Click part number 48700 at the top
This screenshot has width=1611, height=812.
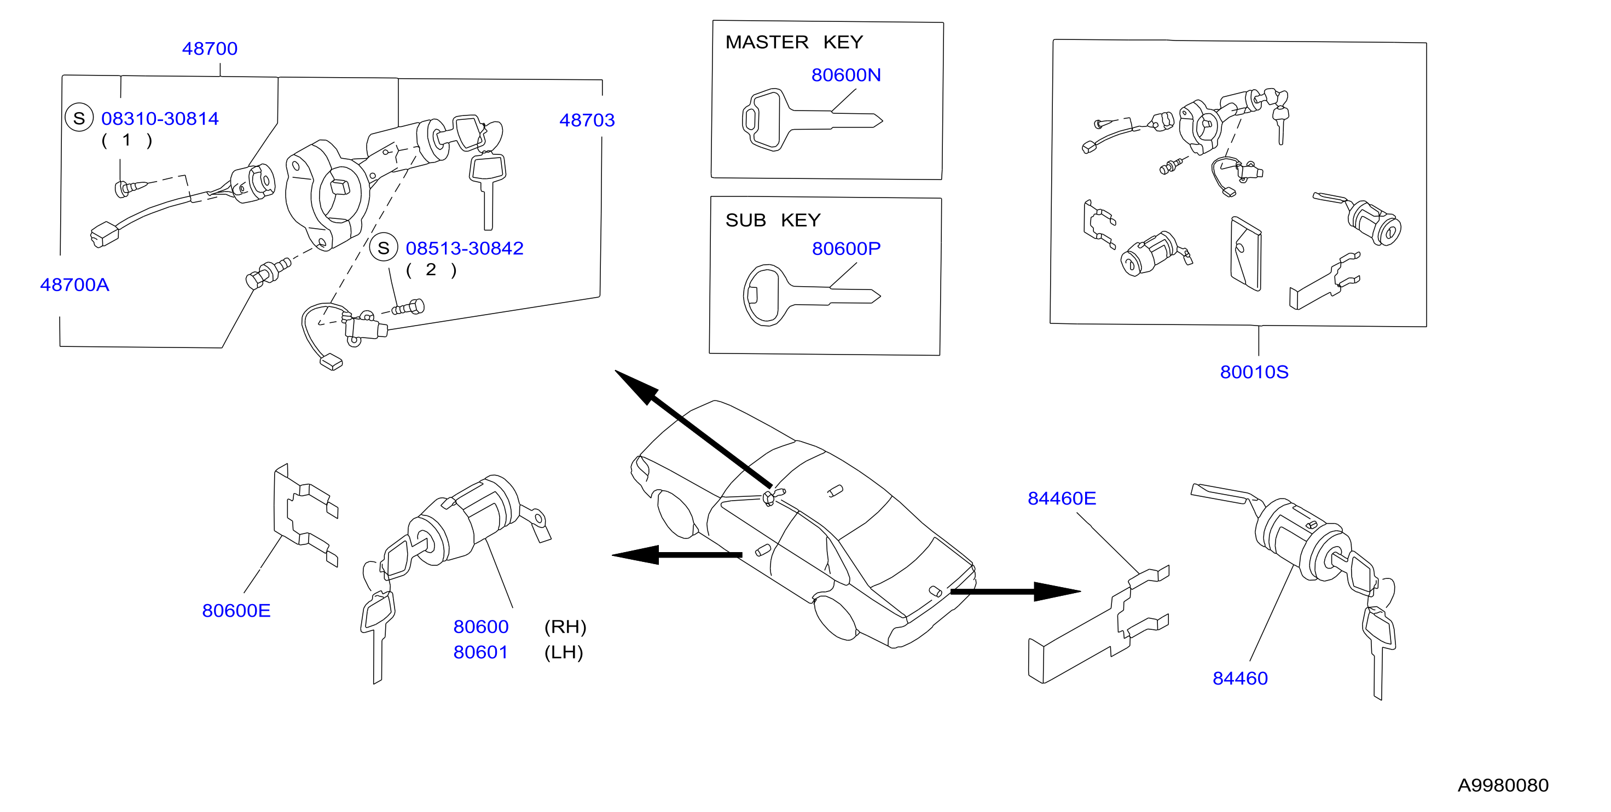tap(210, 49)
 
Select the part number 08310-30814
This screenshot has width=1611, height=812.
tap(160, 119)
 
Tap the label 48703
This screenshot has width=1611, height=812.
tap(587, 120)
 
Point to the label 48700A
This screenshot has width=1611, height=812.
tap(74, 285)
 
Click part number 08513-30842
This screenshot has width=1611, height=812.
tap(465, 248)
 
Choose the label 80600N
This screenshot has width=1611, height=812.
tap(846, 75)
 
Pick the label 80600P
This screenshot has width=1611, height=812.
tap(846, 249)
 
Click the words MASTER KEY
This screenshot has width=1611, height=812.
tap(794, 42)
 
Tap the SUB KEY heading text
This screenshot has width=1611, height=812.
tap(773, 220)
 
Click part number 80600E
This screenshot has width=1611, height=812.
tap(236, 611)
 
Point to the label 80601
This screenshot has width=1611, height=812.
tap(480, 652)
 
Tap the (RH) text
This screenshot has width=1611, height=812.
tap(565, 627)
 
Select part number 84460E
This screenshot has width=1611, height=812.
tap(1062, 498)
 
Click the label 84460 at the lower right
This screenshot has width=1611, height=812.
tap(1240, 678)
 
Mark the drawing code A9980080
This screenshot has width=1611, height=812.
tap(1503, 786)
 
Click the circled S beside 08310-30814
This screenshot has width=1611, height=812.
tap(79, 118)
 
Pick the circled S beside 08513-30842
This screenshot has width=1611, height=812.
tap(384, 248)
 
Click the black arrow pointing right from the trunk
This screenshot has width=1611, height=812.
tap(1016, 591)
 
